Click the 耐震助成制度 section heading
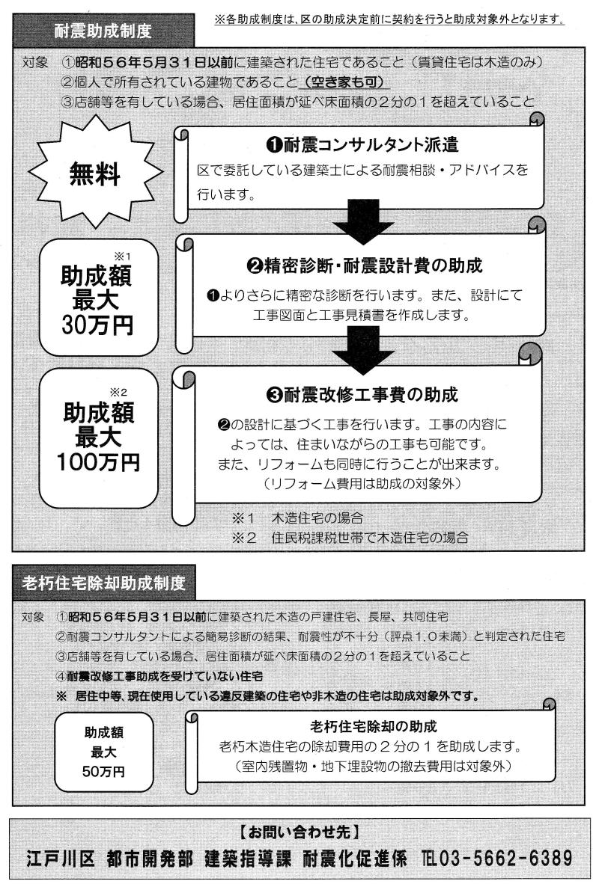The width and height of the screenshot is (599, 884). click(x=103, y=31)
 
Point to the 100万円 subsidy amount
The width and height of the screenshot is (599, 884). click(x=98, y=462)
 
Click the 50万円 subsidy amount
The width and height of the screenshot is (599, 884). click(x=104, y=770)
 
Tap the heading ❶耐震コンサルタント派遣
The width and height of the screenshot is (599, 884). click(x=362, y=145)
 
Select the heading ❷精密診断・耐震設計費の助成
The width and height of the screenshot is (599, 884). click(x=365, y=265)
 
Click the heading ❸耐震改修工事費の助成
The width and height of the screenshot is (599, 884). click(x=362, y=395)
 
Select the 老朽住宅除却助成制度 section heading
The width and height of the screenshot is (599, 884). click(x=104, y=583)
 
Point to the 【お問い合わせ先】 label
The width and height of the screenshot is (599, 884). click(x=299, y=832)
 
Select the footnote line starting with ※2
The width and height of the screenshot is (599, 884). click(x=350, y=537)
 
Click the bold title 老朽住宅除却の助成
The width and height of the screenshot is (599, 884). click(x=374, y=727)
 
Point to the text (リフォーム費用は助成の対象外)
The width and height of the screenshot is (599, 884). click(x=362, y=484)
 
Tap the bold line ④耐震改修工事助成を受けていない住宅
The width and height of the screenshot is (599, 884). click(x=159, y=676)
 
